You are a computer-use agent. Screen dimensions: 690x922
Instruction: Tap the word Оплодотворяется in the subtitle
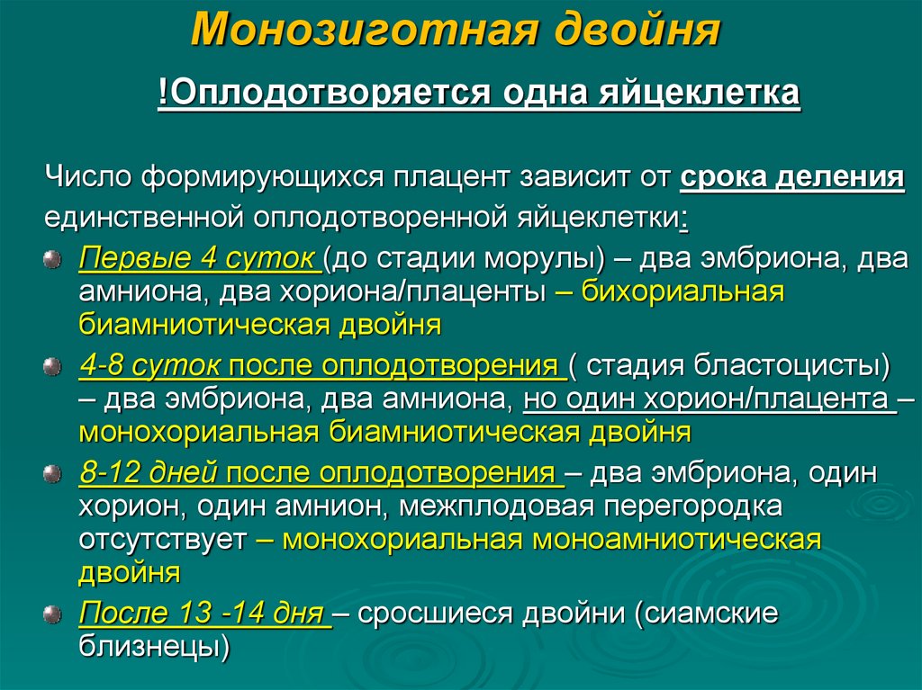click(322, 94)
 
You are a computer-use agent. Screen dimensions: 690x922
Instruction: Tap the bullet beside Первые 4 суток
click(53, 260)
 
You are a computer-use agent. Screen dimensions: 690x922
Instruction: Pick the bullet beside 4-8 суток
click(53, 367)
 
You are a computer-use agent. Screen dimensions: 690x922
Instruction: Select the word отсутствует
click(162, 540)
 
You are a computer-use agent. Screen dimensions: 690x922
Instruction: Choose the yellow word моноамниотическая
click(676, 540)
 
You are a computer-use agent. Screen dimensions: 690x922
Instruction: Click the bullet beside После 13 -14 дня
click(53, 614)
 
